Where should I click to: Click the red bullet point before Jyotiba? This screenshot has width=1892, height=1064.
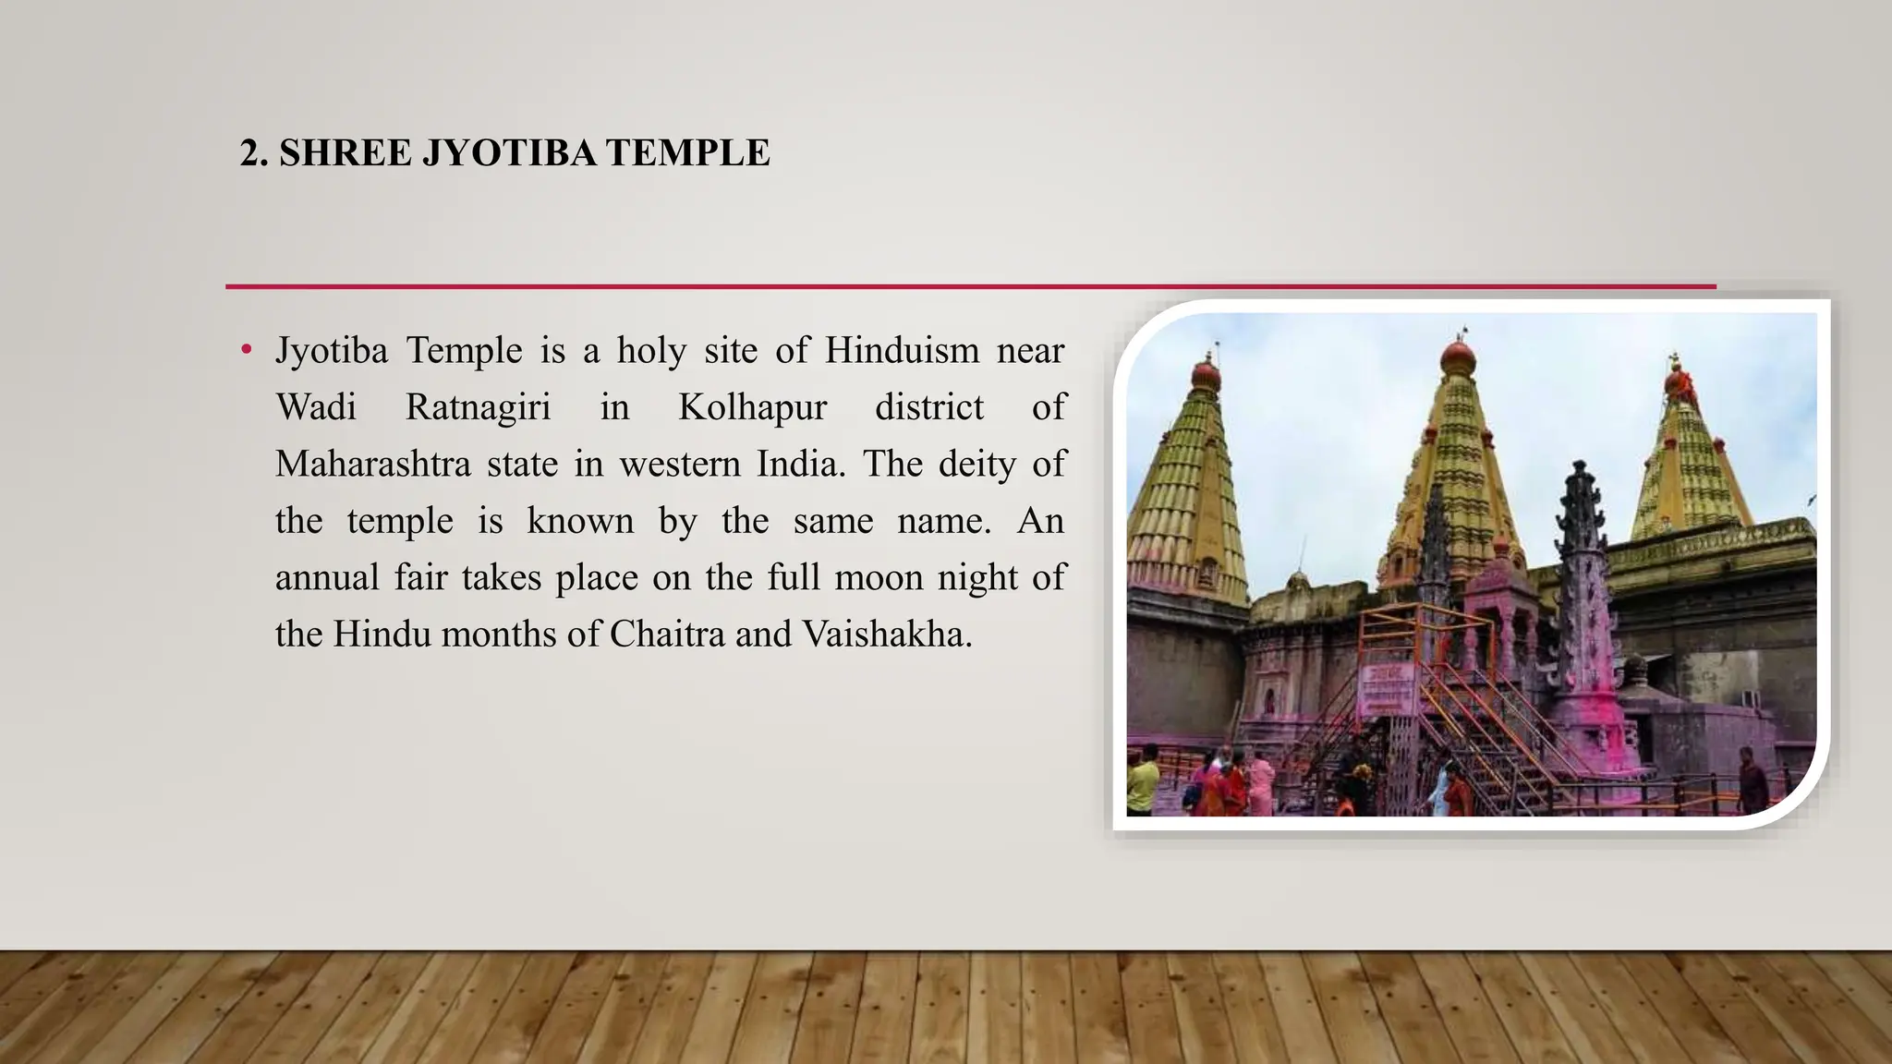pos(246,350)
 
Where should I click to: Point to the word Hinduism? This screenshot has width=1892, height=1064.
pos(902,351)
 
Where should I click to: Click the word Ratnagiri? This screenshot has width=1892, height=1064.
pos(478,407)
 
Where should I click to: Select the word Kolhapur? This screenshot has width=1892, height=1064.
pos(753,407)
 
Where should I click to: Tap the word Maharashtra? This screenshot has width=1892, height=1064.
pos(373,464)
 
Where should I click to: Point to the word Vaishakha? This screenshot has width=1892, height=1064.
pos(887,635)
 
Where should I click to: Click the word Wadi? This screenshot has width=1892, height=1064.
pos(316,407)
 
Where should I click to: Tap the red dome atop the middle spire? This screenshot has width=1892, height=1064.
pos(1458,357)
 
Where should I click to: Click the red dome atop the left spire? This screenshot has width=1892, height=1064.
pos(1207,374)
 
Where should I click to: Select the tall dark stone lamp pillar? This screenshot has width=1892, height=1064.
pos(1583,591)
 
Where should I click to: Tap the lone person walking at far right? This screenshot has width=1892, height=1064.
pos(1752,780)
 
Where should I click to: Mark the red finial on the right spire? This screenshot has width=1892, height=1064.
pos(1678,380)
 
